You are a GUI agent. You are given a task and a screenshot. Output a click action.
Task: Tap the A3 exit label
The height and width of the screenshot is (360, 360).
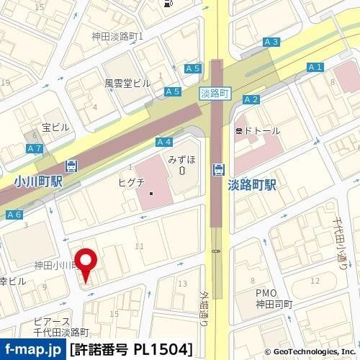click(271, 42)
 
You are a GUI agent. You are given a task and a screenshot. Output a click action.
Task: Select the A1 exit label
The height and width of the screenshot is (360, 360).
click(314, 67)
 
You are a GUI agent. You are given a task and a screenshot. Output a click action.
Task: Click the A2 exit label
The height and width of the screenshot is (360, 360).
click(251, 99)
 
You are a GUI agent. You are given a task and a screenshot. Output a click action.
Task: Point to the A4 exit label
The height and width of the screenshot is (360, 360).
click(163, 142)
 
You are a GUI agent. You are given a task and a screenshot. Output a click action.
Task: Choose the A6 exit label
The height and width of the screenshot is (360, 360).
click(14, 215)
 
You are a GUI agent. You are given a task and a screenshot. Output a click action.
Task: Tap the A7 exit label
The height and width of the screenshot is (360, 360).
click(33, 148)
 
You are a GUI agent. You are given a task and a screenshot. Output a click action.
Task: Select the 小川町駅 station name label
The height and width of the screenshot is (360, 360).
click(38, 182)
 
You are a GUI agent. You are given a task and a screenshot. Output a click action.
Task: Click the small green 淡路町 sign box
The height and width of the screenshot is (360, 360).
click(215, 94)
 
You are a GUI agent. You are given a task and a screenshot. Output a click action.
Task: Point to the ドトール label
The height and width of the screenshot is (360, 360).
click(257, 130)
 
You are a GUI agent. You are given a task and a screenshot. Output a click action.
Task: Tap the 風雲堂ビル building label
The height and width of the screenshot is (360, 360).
click(127, 83)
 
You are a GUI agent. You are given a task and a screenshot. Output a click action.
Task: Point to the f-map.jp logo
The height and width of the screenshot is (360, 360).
click(32, 351)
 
